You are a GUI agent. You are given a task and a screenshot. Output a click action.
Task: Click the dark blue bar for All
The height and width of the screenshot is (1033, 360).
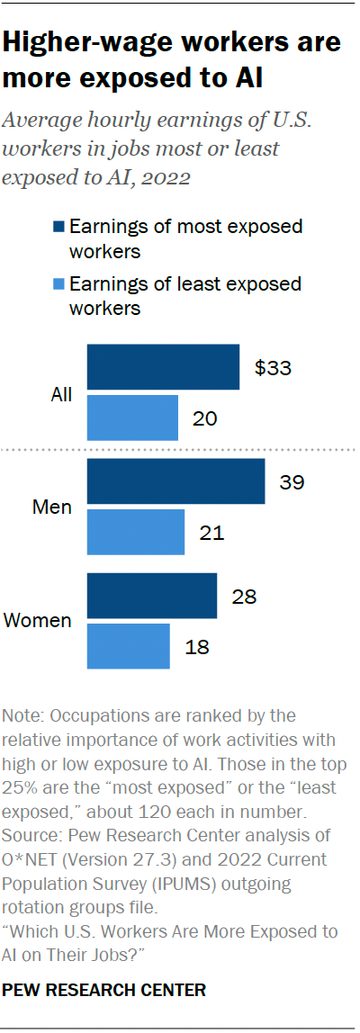(x=163, y=367)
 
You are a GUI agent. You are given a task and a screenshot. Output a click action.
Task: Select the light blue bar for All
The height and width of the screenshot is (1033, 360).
(x=132, y=418)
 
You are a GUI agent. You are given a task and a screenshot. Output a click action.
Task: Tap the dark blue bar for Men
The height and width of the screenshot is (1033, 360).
(x=175, y=481)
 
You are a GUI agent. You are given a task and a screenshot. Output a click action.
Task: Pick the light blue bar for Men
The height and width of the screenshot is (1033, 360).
(x=135, y=532)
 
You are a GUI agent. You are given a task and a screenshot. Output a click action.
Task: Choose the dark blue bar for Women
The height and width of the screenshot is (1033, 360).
(x=151, y=596)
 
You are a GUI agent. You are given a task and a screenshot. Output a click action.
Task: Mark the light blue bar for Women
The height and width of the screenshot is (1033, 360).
(x=128, y=646)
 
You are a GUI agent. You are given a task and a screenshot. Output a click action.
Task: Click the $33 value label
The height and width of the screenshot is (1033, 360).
(x=274, y=368)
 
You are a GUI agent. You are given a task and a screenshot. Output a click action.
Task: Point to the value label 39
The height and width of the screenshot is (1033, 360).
(x=292, y=482)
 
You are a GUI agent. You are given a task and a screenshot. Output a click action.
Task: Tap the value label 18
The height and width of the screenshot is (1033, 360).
(x=198, y=647)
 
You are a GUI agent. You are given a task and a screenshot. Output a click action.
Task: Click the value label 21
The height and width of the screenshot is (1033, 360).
(x=212, y=533)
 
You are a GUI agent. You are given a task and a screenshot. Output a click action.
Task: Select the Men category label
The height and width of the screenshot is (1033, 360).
(x=52, y=507)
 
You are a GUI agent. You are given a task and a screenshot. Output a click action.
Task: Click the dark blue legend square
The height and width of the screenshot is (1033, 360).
(x=58, y=226)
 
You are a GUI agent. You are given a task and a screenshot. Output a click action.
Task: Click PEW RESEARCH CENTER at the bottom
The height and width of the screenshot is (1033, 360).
(x=104, y=990)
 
